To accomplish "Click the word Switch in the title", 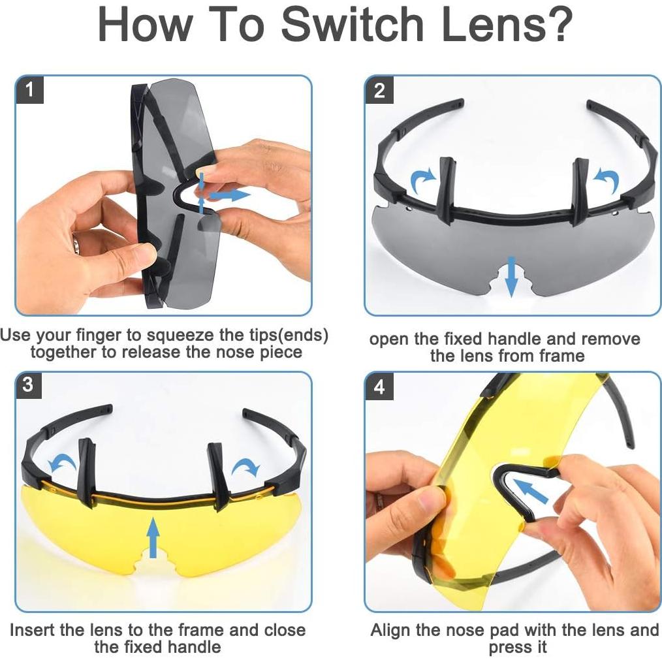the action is [x=353, y=24].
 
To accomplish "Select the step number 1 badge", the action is [x=29, y=89].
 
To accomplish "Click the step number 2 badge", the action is [x=379, y=90].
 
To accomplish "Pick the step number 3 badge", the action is [x=28, y=385].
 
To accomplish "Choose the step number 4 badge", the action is [x=379, y=386].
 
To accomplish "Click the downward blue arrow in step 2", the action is [x=512, y=277].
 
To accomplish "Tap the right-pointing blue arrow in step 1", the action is [x=230, y=195].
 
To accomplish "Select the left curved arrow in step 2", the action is [x=422, y=180].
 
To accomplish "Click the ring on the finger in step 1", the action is [x=76, y=245].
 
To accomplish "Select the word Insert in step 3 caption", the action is [x=33, y=629].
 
